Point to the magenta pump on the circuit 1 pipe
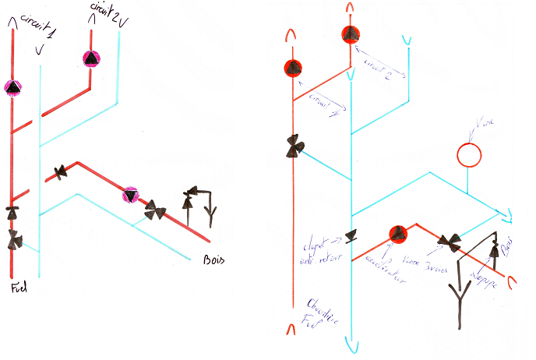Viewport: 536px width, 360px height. click(x=13, y=88)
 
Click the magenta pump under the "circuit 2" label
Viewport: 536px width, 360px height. click(x=91, y=58)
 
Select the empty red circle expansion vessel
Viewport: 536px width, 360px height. click(x=469, y=154)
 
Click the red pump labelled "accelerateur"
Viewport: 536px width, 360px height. click(x=398, y=234)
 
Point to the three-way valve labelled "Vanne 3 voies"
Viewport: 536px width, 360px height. click(x=450, y=242)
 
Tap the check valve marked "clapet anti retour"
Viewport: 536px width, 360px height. click(x=351, y=236)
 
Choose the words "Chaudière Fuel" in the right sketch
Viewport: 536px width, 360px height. click(x=313, y=312)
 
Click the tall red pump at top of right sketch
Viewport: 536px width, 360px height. click(x=351, y=34)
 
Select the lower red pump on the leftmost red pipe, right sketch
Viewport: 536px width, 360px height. click(x=293, y=69)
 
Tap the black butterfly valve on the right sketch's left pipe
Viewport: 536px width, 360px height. click(x=294, y=147)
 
